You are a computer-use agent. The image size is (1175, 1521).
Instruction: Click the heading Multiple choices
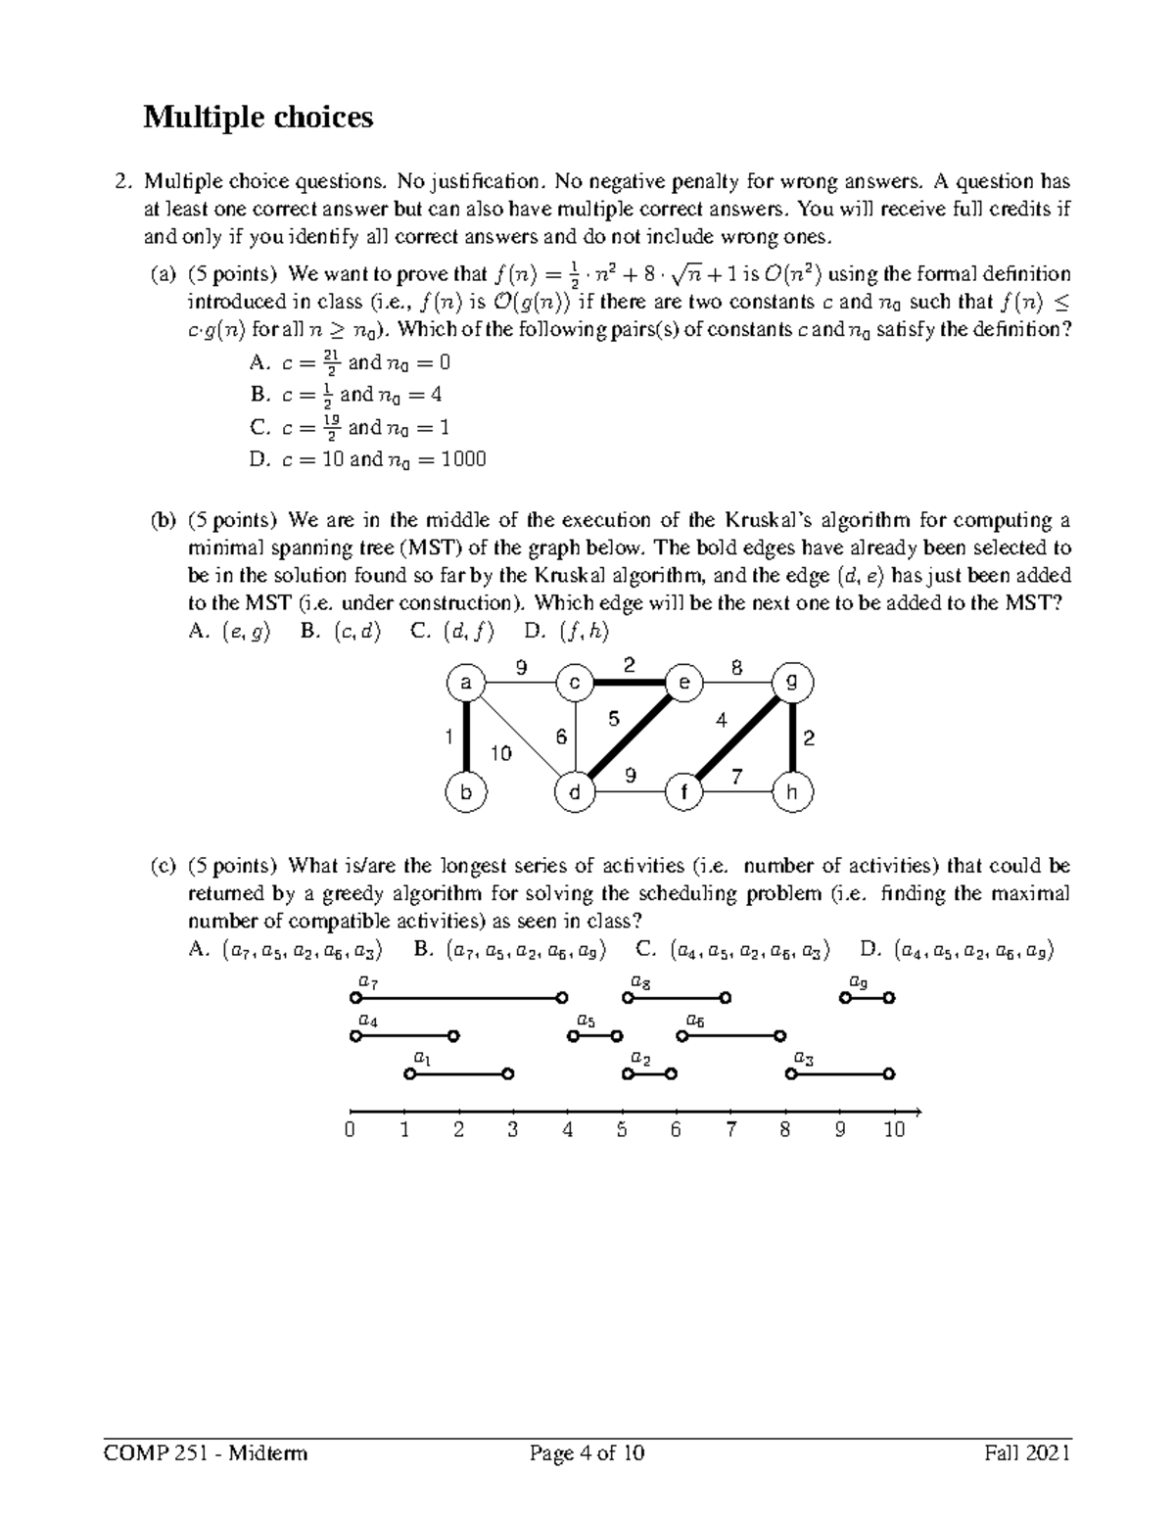coord(258,118)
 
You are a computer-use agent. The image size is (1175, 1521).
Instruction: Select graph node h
coord(792,792)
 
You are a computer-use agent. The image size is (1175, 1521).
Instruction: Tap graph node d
coord(575,792)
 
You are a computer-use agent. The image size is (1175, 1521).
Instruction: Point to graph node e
coord(683,683)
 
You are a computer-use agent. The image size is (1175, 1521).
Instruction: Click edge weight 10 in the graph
coord(500,753)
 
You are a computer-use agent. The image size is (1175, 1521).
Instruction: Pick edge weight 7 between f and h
coord(737,777)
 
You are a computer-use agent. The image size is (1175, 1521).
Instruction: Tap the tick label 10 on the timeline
coord(893,1130)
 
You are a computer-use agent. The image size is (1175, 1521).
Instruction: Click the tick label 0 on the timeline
coord(351,1130)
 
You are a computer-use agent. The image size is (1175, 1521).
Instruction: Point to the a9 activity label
coord(858,980)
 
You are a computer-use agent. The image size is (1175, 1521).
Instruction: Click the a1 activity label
coord(422,1057)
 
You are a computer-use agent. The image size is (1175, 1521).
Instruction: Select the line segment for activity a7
coord(457,998)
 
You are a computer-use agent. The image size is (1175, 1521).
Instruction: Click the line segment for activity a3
coord(840,1074)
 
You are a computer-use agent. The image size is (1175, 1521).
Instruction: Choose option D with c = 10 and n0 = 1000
coord(368,459)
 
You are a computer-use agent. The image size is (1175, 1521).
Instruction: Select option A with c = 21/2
coord(351,362)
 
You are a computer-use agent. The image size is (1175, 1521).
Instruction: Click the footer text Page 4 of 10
coord(587,1453)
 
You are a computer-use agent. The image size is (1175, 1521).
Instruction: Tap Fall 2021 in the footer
coord(1027,1453)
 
